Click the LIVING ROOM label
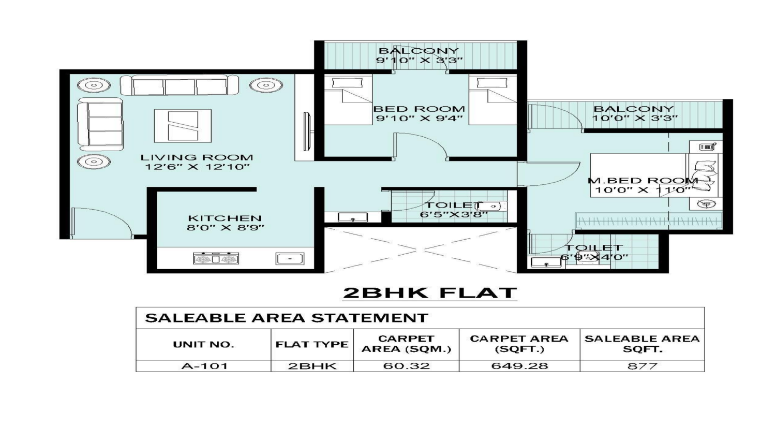click(197, 157)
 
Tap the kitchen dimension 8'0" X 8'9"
click(225, 228)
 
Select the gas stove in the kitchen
click(216, 258)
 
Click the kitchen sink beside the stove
click(290, 259)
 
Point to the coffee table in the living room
click(183, 126)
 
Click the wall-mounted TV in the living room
click(307, 131)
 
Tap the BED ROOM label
click(419, 109)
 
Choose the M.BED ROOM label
click(643, 181)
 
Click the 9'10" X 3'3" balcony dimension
click(420, 61)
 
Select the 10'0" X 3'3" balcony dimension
click(635, 118)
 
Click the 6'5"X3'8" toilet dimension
click(454, 215)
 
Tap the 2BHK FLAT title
click(430, 293)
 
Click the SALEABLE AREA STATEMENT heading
click(287, 318)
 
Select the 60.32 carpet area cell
click(406, 366)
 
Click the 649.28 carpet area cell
click(519, 366)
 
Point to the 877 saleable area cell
click(643, 366)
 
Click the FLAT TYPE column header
click(312, 345)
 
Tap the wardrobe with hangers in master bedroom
click(649, 221)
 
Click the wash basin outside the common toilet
click(353, 217)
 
